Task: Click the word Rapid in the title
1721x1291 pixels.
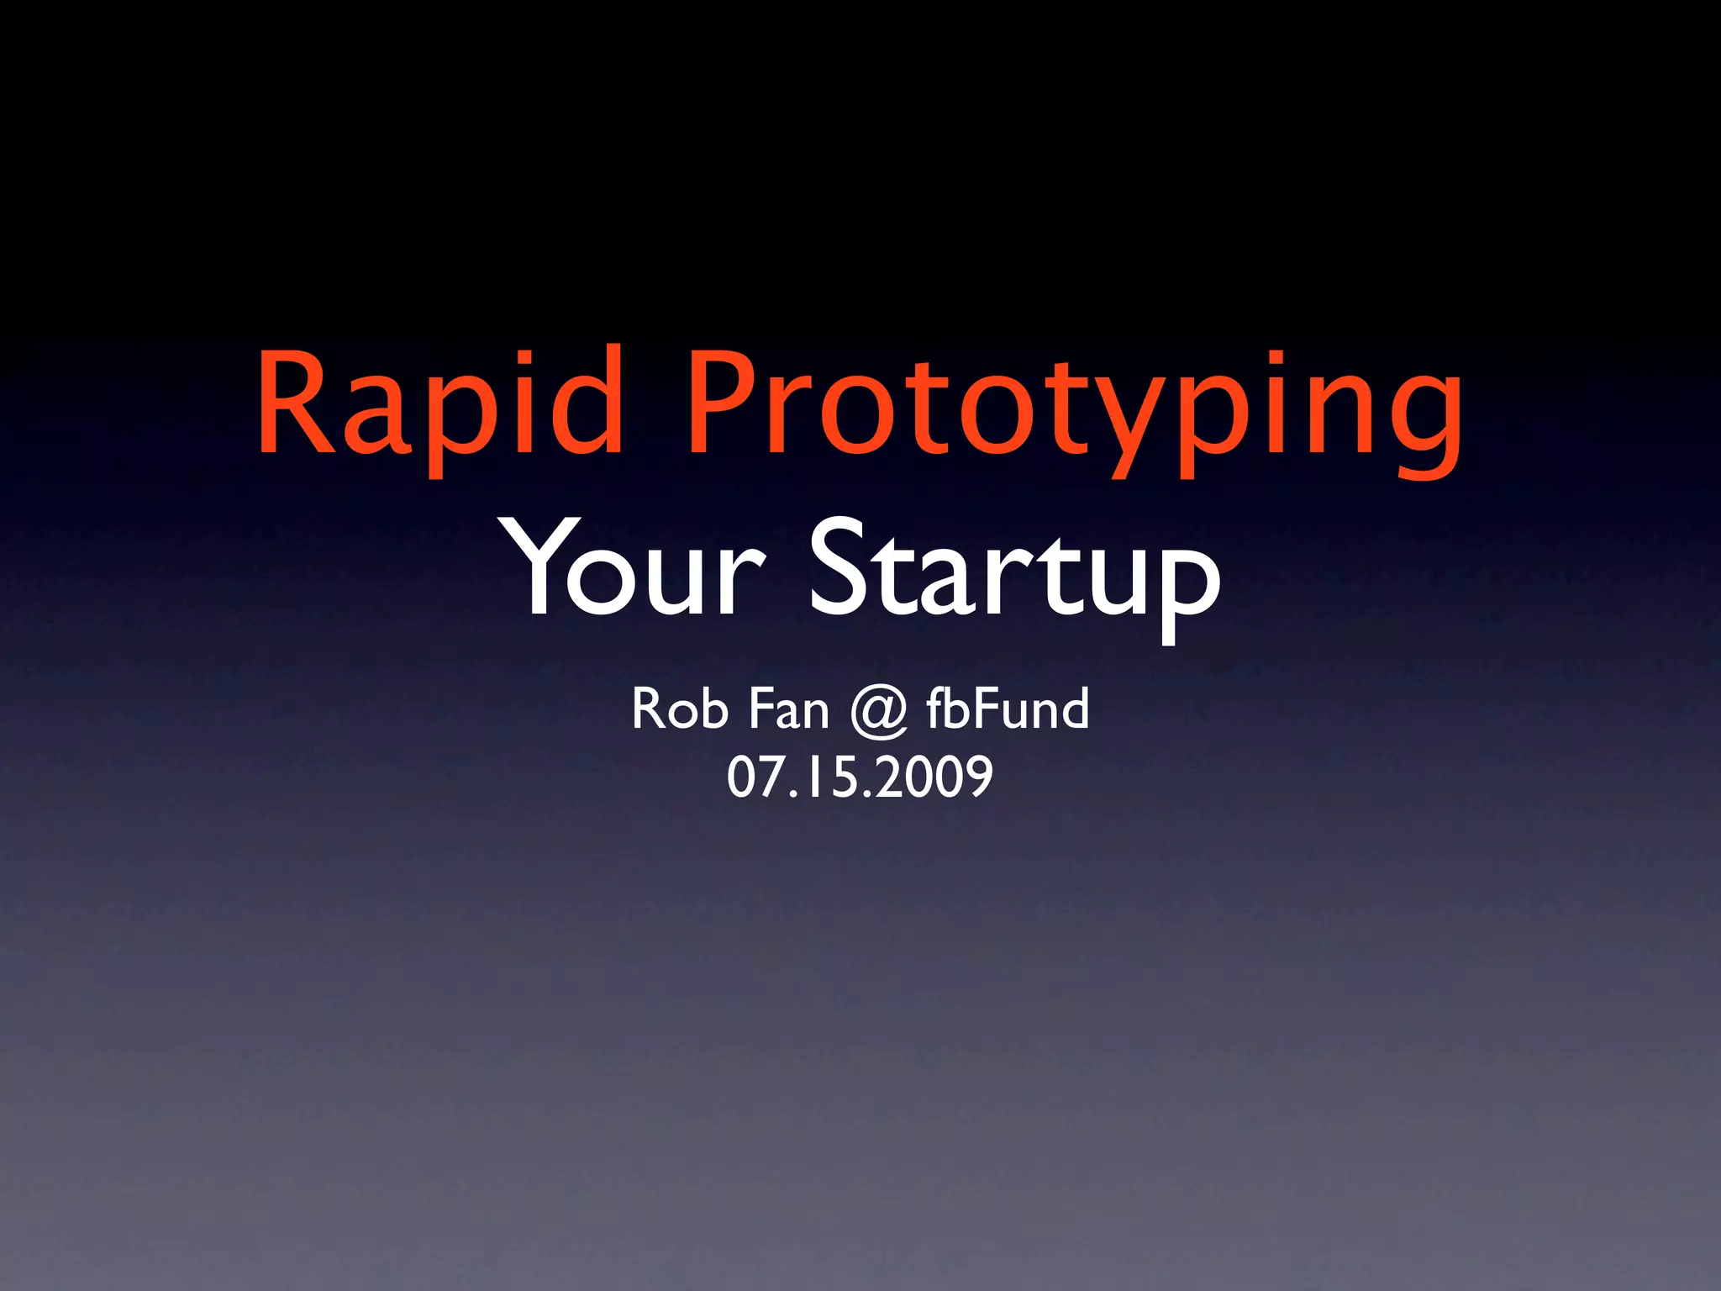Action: click(440, 403)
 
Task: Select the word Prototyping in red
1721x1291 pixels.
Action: click(1076, 412)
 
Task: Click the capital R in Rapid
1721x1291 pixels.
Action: click(294, 403)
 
